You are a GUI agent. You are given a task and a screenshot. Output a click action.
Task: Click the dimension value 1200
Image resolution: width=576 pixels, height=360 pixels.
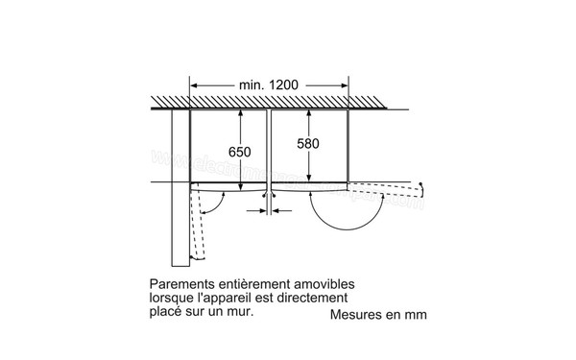click(x=285, y=85)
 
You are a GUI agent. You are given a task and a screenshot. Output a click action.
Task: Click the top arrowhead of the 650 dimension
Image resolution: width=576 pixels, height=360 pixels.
click(x=239, y=113)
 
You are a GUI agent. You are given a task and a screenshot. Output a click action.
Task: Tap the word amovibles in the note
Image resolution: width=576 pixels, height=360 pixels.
click(x=322, y=285)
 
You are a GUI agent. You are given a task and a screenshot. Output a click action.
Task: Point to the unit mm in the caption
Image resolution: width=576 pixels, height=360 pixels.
click(x=415, y=314)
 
